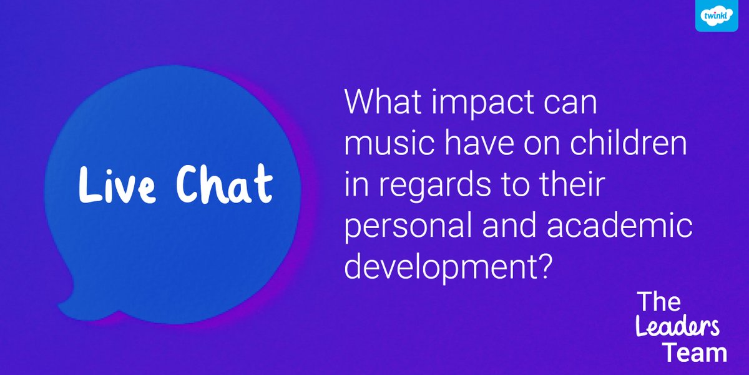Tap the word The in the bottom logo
(658, 302)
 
